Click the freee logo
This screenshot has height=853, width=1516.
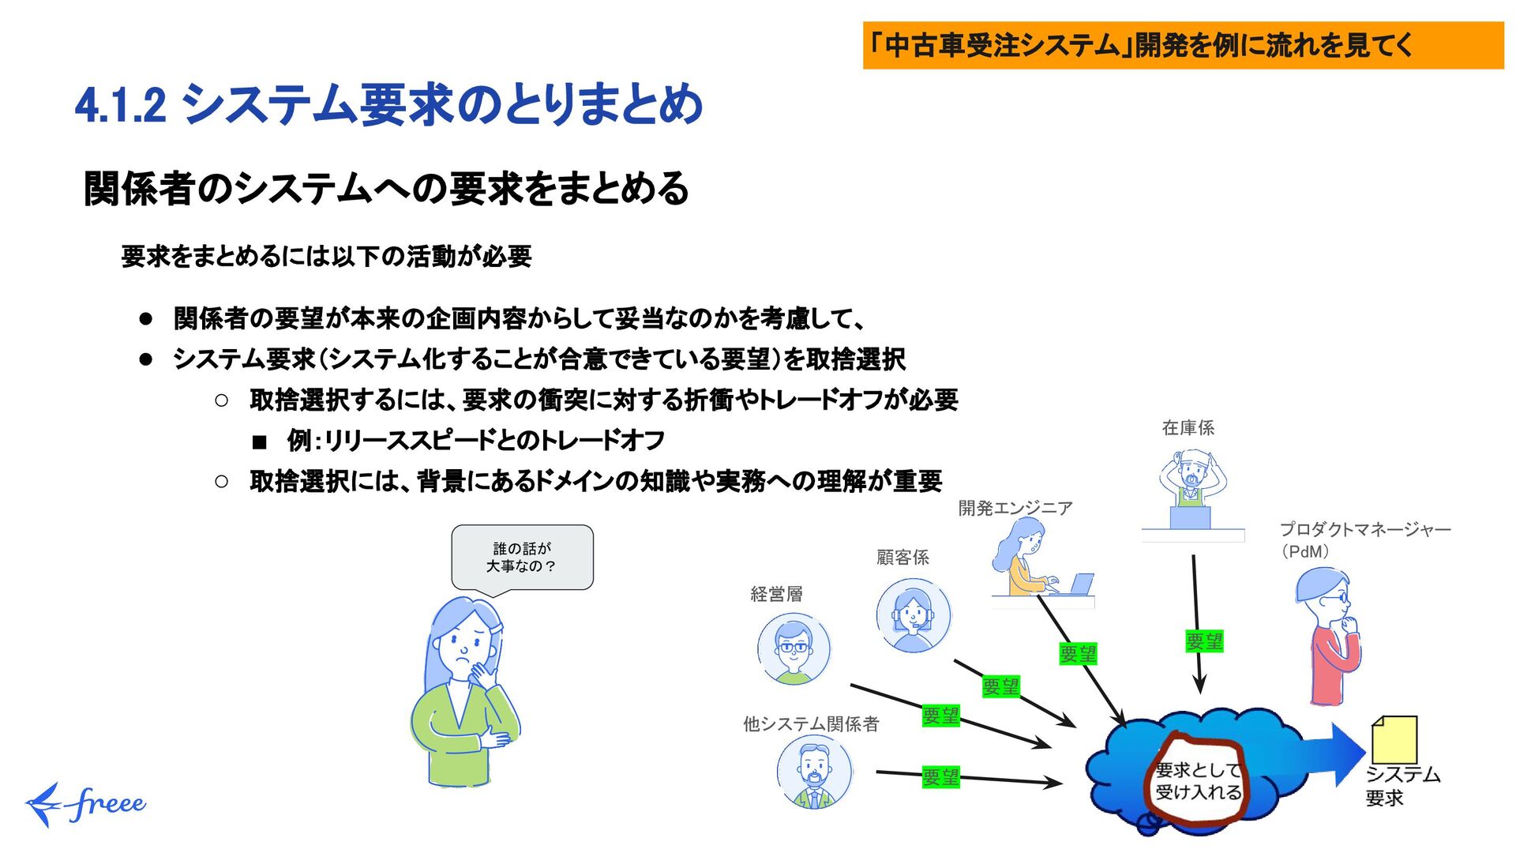[85, 804]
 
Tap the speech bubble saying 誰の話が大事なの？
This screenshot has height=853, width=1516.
[522, 558]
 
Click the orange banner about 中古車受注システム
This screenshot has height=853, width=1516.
[1182, 45]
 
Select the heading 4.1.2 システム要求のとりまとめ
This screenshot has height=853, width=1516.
[388, 105]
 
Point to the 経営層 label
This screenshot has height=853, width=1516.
[776, 594]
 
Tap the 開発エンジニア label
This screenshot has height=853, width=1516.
[1015, 508]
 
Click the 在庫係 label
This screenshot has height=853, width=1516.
[1188, 428]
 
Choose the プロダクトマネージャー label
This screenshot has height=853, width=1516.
[1364, 530]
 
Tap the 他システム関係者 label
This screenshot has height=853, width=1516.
[811, 723]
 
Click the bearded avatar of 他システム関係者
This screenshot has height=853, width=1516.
[814, 773]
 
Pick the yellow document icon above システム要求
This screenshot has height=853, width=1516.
[1394, 739]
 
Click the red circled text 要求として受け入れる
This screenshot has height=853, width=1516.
[1198, 781]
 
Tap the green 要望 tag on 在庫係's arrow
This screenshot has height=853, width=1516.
[1204, 641]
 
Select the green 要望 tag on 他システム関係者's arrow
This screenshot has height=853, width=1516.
[940, 777]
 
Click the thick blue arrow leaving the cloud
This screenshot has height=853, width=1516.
[1334, 754]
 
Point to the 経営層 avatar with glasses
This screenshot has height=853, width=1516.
[794, 648]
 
